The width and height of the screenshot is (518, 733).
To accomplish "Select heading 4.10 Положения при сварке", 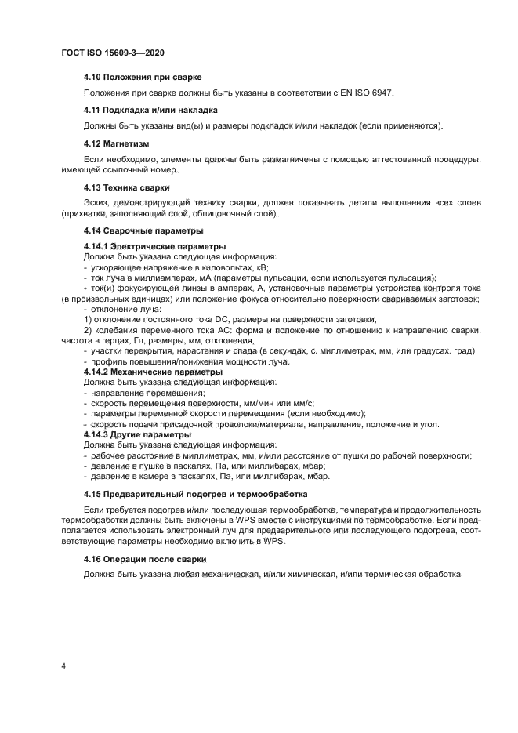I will (143, 77).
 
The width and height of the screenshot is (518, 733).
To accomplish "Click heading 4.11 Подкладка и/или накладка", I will (150, 110).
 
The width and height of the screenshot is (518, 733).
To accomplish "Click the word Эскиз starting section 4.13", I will (96, 202).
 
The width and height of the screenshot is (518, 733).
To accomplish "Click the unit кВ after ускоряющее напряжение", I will (262, 267).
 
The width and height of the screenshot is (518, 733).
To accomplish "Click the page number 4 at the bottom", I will (63, 666).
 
